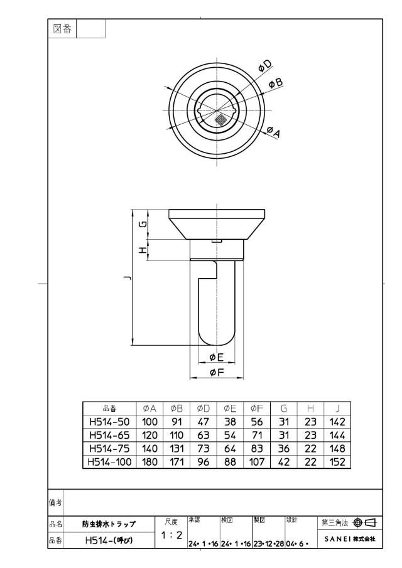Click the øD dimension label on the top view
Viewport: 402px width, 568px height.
265,66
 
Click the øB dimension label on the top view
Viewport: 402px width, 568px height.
276,83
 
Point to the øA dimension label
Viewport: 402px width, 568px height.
274,132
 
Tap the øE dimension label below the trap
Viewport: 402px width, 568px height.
217,358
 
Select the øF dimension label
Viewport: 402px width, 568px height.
217,372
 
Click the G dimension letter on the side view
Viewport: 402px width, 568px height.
144,224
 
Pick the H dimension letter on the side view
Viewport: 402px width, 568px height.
144,250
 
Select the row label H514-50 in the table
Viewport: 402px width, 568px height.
109,422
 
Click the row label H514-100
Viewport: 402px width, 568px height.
109,462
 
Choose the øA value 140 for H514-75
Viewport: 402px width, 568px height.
149,449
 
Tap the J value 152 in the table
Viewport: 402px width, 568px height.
337,462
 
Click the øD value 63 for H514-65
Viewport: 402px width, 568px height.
204,436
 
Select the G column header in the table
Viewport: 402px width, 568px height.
284,409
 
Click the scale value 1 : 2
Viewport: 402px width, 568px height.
171,535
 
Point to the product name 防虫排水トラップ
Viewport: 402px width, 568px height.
109,524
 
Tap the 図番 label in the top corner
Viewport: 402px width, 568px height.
62,29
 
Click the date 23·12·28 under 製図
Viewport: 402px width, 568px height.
269,544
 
